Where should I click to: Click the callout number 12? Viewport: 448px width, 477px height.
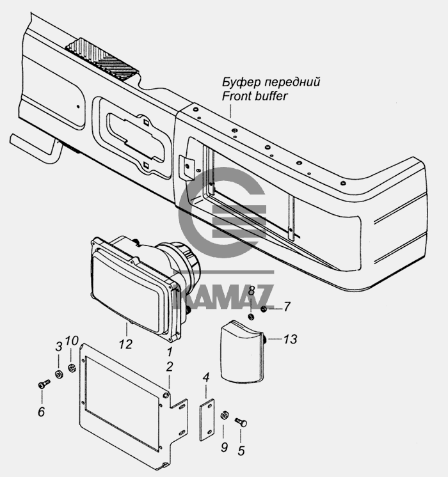click(x=126, y=344)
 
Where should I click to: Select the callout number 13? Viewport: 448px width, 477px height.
click(x=291, y=339)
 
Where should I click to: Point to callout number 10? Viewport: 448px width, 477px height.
click(x=72, y=340)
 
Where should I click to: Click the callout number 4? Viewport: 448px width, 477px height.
click(x=206, y=377)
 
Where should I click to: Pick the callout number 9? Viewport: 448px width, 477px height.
click(x=224, y=447)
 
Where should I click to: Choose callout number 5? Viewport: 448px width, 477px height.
click(x=241, y=451)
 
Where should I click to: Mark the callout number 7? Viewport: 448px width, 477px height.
click(x=287, y=307)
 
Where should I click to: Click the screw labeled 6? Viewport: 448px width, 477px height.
click(x=44, y=385)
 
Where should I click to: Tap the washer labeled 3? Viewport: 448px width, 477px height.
click(x=59, y=374)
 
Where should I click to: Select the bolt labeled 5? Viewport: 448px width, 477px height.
click(x=241, y=421)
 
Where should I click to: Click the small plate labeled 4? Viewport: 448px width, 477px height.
click(x=207, y=420)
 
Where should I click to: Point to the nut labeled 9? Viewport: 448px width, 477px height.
click(x=223, y=415)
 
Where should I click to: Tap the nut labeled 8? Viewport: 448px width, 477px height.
click(x=252, y=317)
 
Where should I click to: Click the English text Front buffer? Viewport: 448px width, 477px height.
click(x=255, y=96)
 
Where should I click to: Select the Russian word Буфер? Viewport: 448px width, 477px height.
click(x=241, y=82)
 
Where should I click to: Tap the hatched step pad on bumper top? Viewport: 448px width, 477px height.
click(x=102, y=59)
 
